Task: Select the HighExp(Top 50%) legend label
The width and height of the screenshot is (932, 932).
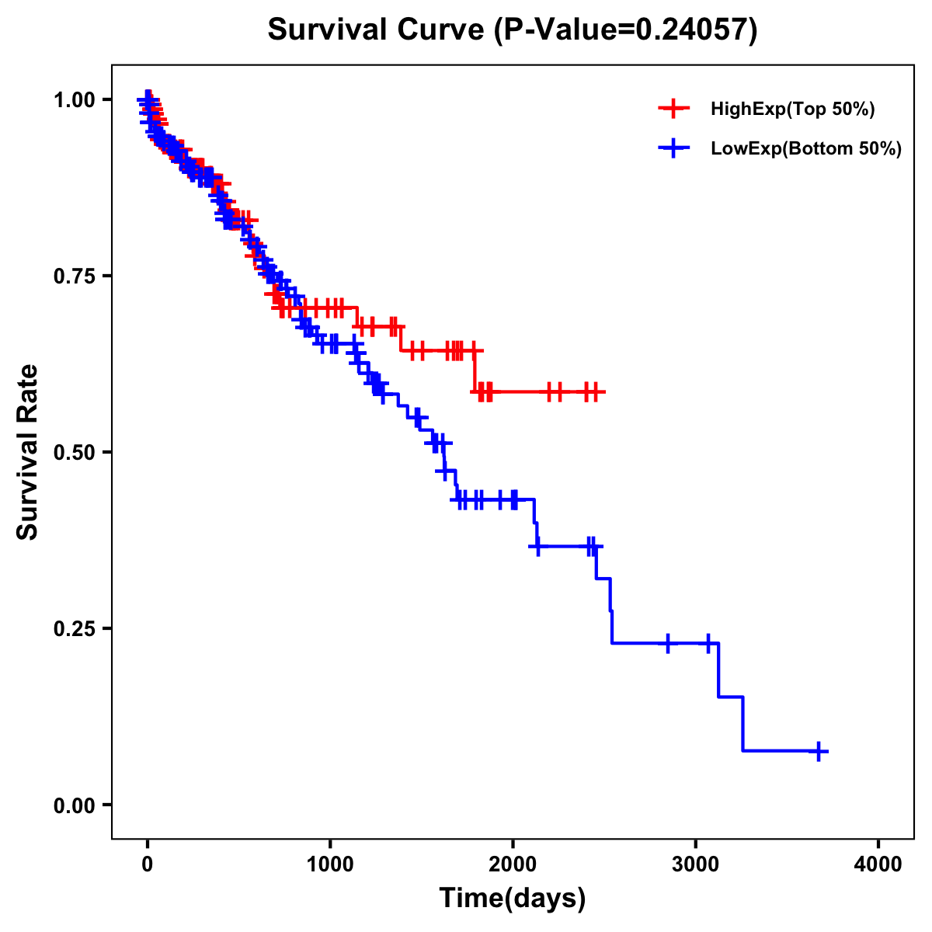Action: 792,110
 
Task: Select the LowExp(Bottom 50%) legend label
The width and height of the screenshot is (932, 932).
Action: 806,149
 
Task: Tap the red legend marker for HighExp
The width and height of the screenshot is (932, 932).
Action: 673,109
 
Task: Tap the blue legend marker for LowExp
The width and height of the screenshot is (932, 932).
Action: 673,148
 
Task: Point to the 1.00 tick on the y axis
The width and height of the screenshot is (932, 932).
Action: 76,99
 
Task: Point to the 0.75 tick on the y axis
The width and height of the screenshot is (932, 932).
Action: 76,276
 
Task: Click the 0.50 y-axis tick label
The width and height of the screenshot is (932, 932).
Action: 76,452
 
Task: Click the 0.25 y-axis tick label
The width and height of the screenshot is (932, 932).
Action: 76,628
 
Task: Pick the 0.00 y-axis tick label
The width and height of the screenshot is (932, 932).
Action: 76,805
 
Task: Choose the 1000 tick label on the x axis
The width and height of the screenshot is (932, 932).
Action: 330,864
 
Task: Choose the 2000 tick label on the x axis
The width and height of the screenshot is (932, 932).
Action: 513,864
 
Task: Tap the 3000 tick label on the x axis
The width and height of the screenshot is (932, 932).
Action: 696,864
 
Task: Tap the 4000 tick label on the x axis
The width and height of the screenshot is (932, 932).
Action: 878,864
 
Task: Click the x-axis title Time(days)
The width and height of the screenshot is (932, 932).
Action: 513,899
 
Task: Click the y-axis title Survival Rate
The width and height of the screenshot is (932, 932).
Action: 28,452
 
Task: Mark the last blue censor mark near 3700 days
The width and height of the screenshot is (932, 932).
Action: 819,751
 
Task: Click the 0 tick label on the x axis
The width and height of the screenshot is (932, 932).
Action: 148,864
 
